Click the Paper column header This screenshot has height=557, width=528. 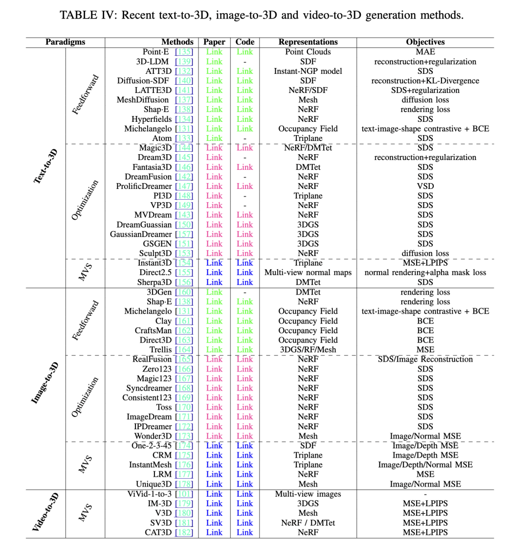pyautogui.click(x=214, y=42)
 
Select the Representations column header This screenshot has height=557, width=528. pyautogui.click(x=308, y=42)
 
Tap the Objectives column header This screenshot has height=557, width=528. pyautogui.click(x=425, y=42)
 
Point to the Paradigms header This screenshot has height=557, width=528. pyautogui.click(x=65, y=42)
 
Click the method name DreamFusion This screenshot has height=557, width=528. pyautogui.click(x=148, y=177)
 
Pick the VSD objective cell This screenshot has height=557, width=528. pyautogui.click(x=425, y=186)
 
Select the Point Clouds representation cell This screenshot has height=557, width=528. pyautogui.click(x=308, y=52)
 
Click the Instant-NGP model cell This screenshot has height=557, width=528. pyautogui.click(x=308, y=71)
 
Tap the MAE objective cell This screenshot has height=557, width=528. pyautogui.click(x=425, y=52)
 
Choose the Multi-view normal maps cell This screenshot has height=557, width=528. pyautogui.click(x=308, y=273)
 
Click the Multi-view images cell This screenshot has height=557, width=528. pyautogui.click(x=308, y=494)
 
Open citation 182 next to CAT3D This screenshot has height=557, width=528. pyautogui.click(x=184, y=533)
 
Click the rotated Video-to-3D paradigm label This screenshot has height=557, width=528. pyautogui.click(x=45, y=513)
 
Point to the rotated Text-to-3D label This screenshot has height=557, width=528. pyautogui.click(x=45, y=167)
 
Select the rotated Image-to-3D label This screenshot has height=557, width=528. pyautogui.click(x=45, y=383)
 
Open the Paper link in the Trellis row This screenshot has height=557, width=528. pyautogui.click(x=214, y=350)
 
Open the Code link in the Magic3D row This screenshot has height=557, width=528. pyautogui.click(x=244, y=148)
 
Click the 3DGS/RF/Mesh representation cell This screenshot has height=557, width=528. pyautogui.click(x=308, y=350)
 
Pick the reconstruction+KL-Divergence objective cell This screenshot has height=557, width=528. pyautogui.click(x=425, y=81)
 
